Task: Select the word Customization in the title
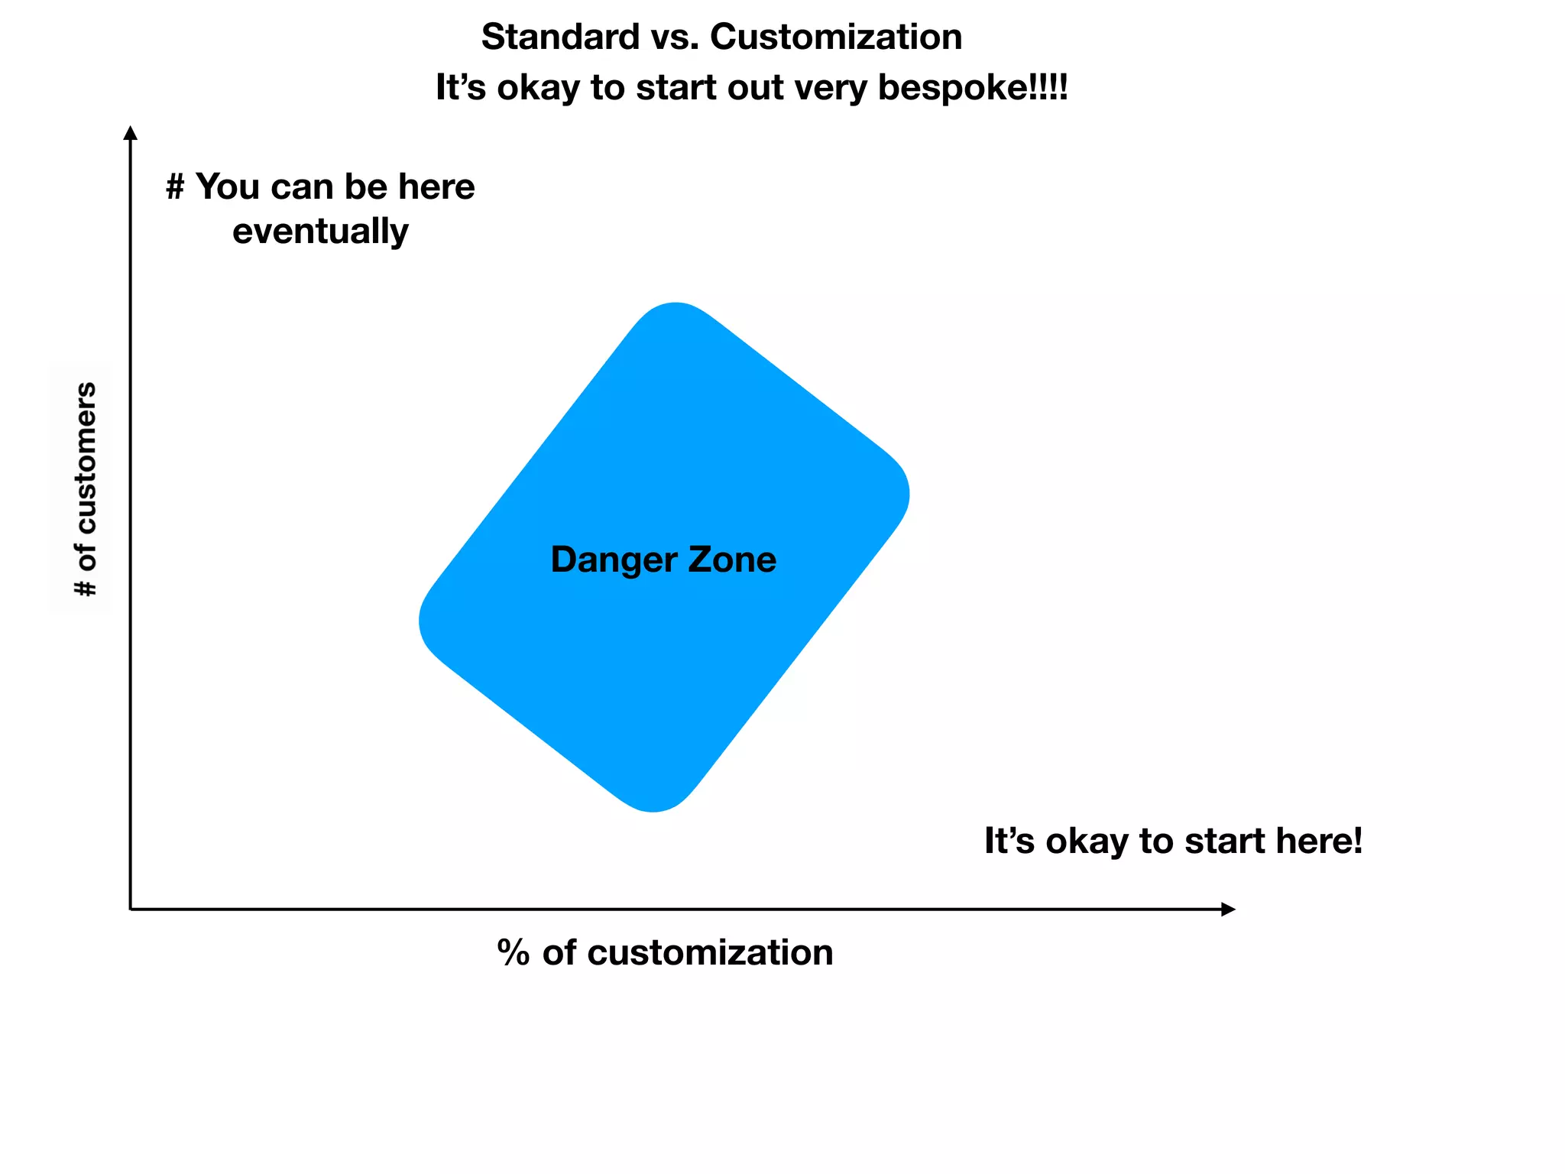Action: pos(836,37)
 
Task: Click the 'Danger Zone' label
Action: pos(663,559)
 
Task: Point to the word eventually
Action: pos(320,232)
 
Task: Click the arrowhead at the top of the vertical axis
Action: pos(131,133)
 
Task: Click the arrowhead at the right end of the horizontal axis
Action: pos(1228,909)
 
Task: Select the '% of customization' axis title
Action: pos(665,953)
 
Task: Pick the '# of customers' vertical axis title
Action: pos(86,489)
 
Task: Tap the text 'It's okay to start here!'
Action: pos(1173,842)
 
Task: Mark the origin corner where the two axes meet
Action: pos(131,909)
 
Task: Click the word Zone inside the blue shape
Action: pos(732,559)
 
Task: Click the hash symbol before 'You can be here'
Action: pos(175,187)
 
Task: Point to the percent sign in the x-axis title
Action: pos(514,953)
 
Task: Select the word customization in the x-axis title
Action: pos(710,953)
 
